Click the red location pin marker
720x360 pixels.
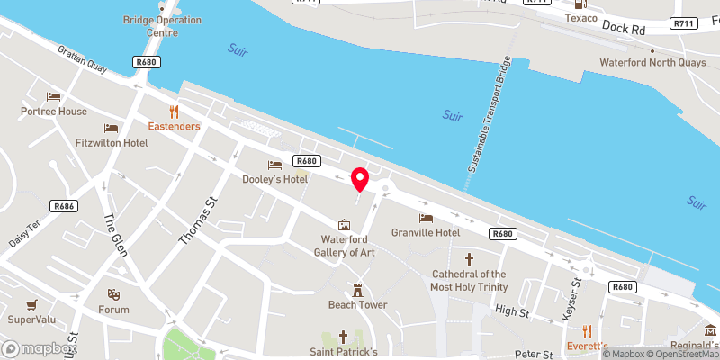pyautogui.click(x=360, y=178)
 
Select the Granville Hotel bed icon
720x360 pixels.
pyautogui.click(x=426, y=217)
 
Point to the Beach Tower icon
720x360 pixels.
pyautogui.click(x=357, y=290)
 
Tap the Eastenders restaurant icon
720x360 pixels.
pyautogui.click(x=175, y=112)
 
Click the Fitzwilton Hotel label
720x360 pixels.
pyautogui.click(x=112, y=143)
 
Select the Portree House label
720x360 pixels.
pyautogui.click(x=55, y=112)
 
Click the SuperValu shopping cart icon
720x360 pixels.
pyautogui.click(x=32, y=304)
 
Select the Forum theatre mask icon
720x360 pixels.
pyautogui.click(x=113, y=294)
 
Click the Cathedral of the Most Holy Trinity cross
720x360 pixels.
pyautogui.click(x=469, y=258)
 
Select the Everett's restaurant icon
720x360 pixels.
pyautogui.click(x=588, y=331)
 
